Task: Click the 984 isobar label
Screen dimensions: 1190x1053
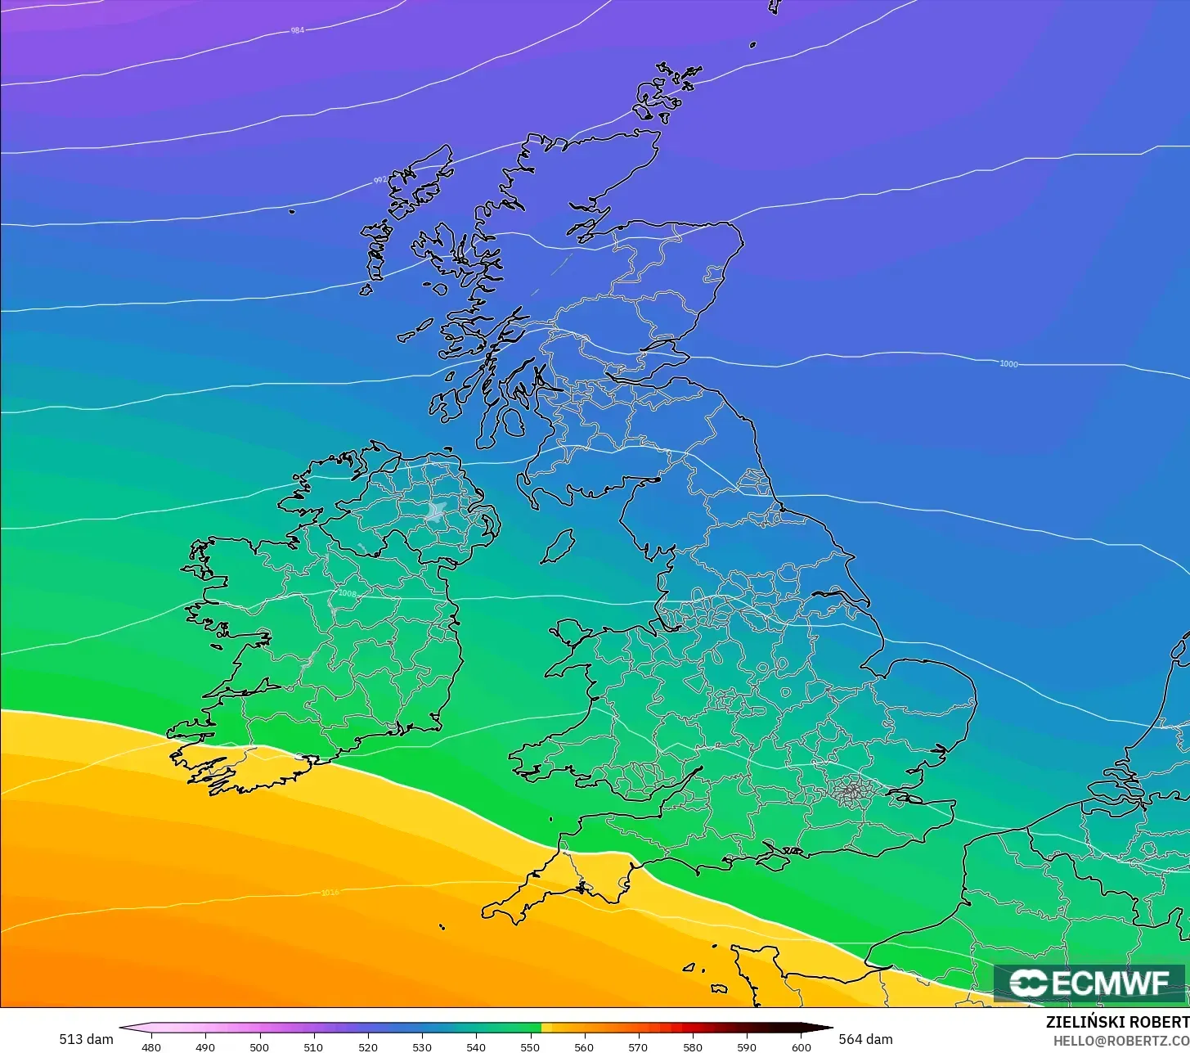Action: tap(297, 30)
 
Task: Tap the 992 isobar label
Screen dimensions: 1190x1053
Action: tap(379, 180)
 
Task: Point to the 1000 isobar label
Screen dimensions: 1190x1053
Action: tap(1008, 364)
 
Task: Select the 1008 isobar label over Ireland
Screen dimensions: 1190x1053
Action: tap(347, 593)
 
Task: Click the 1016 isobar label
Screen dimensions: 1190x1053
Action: tap(330, 893)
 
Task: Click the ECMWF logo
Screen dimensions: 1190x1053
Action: tap(1089, 983)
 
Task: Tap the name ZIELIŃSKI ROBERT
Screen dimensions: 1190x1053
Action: tap(1117, 1022)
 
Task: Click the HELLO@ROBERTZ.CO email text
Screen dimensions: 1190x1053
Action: tap(1120, 1040)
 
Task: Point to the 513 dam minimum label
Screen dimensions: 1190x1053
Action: tap(86, 1039)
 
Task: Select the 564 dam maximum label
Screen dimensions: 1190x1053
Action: tap(865, 1039)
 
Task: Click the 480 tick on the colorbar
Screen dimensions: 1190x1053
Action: tap(151, 1047)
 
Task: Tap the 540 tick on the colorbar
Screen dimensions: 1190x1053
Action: tap(476, 1047)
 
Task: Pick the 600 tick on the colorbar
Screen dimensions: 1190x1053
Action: tap(801, 1047)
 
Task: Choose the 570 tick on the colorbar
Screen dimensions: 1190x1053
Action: tap(638, 1047)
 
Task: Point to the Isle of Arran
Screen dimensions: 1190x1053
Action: tap(512, 422)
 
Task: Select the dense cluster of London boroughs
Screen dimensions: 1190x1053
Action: tap(853, 791)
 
